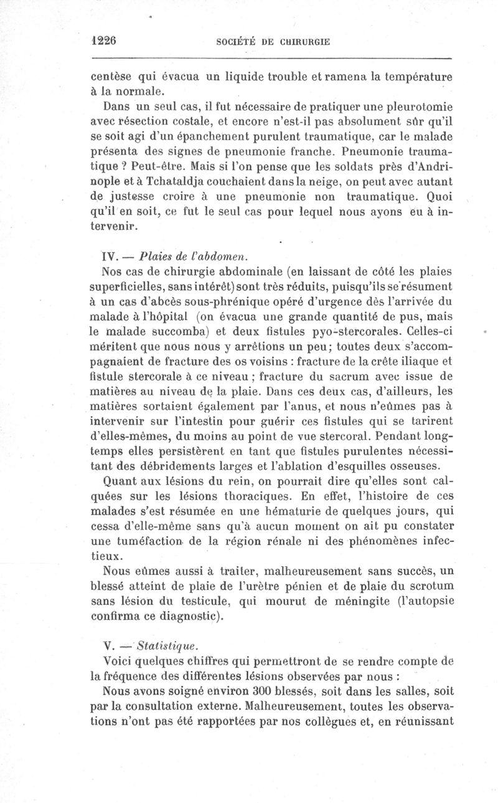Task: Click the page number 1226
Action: click(104, 40)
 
